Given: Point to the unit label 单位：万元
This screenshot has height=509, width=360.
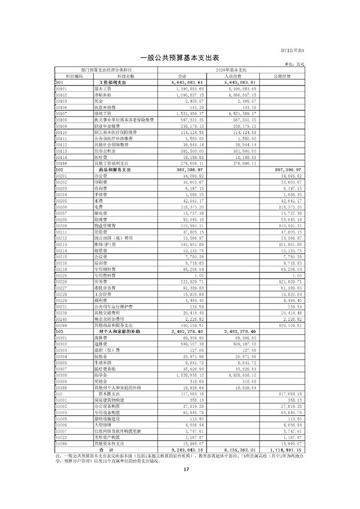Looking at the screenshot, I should [295, 65].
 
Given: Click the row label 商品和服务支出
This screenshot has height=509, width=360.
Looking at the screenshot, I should [115, 170].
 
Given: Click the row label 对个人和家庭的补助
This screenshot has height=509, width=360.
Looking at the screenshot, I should [119, 331].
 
